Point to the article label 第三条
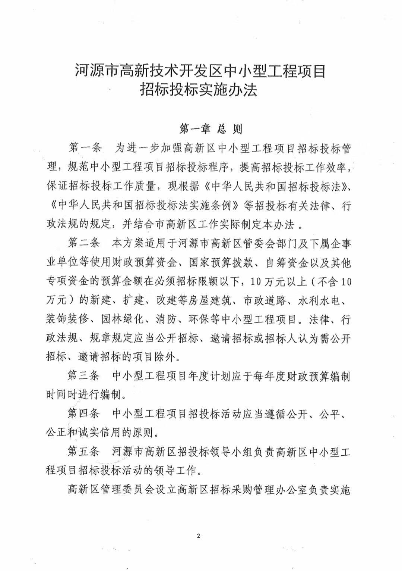[x=84, y=376]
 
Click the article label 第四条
[x=84, y=414]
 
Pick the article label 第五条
[x=84, y=452]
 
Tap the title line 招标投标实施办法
[x=199, y=90]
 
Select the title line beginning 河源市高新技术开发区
[x=200, y=70]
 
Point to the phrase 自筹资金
[x=277, y=263]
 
